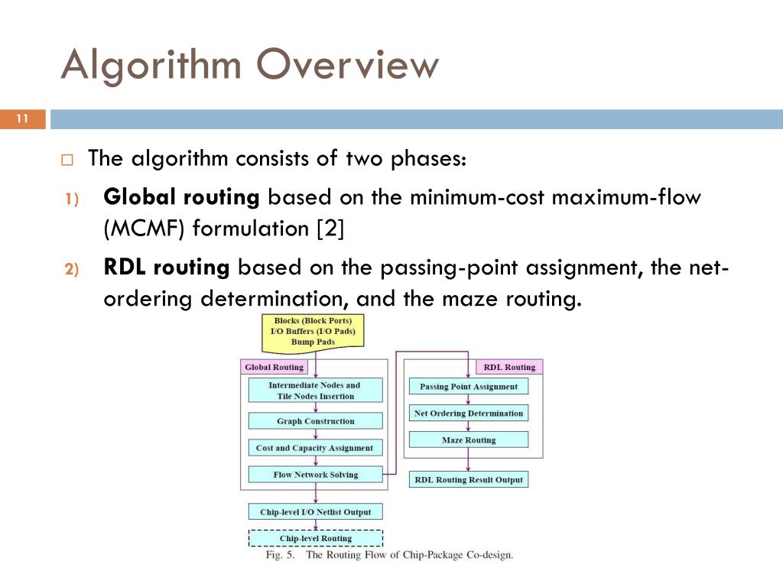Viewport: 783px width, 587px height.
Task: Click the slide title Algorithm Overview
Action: click(x=250, y=65)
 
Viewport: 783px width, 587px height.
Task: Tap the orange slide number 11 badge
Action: click(x=22, y=119)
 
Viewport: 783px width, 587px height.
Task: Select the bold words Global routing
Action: click(x=181, y=197)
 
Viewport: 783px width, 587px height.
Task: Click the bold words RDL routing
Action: click(x=166, y=268)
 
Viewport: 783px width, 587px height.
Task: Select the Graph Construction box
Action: click(x=315, y=421)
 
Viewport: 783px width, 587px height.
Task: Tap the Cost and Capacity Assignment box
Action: click(x=315, y=448)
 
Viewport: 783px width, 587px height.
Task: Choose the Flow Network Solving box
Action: click(x=315, y=475)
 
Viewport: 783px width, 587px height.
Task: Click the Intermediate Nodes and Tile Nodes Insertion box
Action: click(x=315, y=391)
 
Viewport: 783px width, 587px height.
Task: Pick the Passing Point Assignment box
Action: click(x=469, y=387)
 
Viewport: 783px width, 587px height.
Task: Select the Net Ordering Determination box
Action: click(x=469, y=413)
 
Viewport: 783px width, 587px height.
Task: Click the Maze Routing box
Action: click(x=469, y=440)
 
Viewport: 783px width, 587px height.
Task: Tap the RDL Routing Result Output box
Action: click(x=469, y=480)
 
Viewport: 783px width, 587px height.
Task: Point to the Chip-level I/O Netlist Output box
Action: click(x=315, y=512)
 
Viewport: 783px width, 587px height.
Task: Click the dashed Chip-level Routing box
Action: click(x=315, y=539)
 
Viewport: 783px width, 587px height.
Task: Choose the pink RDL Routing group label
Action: click(x=509, y=368)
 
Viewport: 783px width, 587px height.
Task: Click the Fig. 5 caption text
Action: click(x=389, y=555)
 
